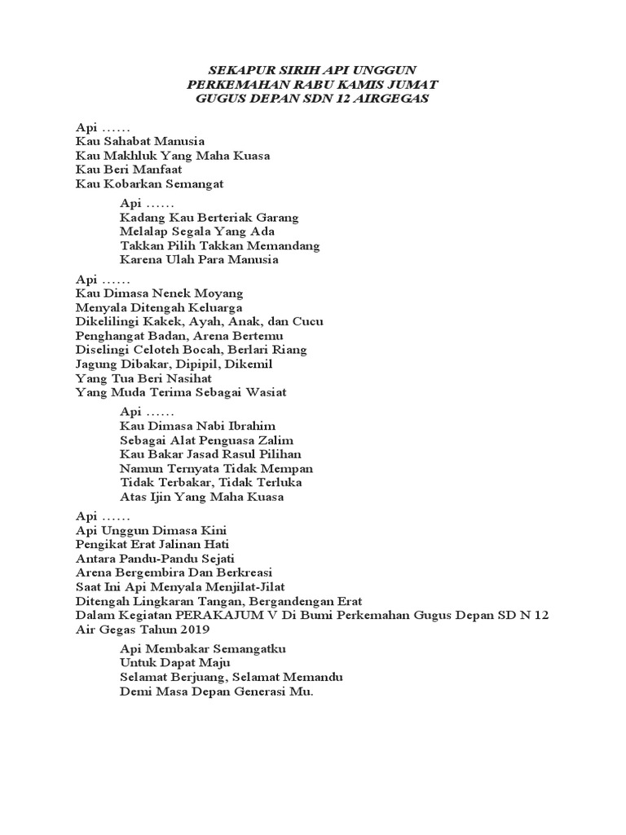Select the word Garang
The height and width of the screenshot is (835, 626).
[x=278, y=218]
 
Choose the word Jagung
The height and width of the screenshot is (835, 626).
[x=96, y=364]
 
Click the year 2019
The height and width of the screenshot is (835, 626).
[x=193, y=630]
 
